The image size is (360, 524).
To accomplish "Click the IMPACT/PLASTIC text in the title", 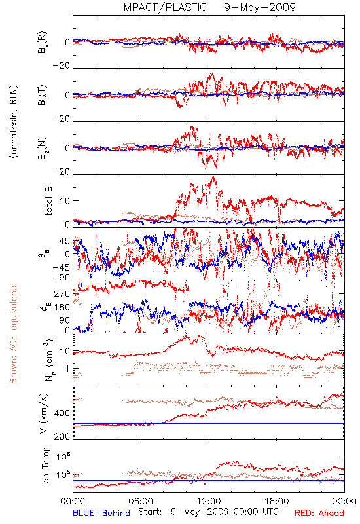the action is (x=164, y=7).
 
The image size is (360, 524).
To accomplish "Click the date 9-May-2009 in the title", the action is (x=260, y=7).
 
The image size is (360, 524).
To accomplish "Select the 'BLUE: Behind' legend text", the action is (x=101, y=513).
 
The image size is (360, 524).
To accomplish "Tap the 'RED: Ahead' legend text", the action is (x=319, y=513).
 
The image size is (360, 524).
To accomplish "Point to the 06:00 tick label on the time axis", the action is (x=141, y=501).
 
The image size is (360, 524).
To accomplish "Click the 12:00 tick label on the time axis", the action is (x=209, y=501).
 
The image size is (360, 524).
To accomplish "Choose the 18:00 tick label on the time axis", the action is (x=277, y=501).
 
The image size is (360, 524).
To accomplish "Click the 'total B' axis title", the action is (x=48, y=201).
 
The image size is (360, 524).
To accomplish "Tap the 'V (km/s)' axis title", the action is (x=44, y=413).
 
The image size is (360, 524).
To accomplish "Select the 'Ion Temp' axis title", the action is (x=45, y=466).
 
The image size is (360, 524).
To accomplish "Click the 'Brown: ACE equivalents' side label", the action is (x=13, y=333).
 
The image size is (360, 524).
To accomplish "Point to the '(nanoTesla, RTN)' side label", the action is (x=14, y=122).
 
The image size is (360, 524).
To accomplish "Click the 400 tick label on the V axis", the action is (x=63, y=413).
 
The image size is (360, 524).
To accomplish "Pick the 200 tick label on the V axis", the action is (x=63, y=436).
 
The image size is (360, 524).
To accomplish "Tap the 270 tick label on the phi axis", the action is (x=63, y=293).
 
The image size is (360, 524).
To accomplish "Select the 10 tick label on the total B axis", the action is (x=65, y=201).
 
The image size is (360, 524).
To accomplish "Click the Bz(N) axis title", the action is (x=43, y=148).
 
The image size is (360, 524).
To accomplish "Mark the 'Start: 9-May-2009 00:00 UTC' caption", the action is (x=208, y=512).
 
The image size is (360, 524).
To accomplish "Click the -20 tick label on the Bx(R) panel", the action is (x=61, y=65).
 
